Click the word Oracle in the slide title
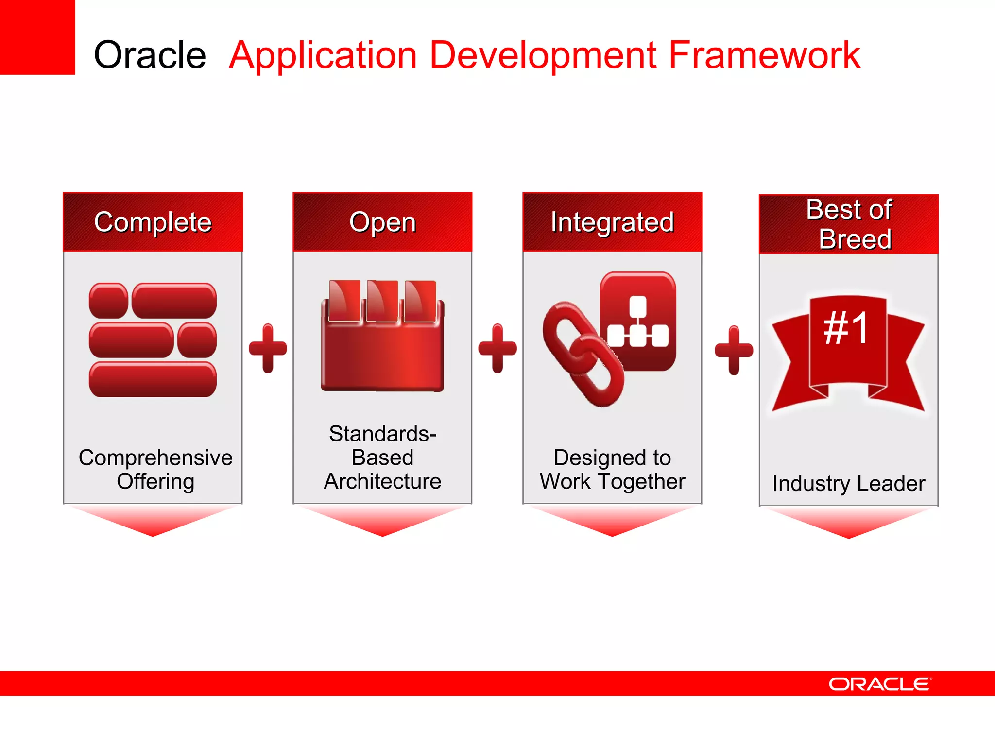click(150, 55)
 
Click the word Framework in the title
click(764, 55)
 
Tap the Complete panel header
click(153, 222)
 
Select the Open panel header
click(382, 222)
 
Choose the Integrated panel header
click(612, 222)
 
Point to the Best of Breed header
click(849, 224)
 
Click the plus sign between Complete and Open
click(268, 348)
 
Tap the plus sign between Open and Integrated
click(497, 348)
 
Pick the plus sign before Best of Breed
click(734, 350)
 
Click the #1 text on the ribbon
click(847, 329)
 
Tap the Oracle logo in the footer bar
click(880, 684)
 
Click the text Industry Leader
click(849, 484)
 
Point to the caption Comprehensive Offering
click(155, 469)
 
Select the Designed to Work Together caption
click(612, 469)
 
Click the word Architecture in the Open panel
click(382, 481)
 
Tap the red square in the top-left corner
click(37, 37)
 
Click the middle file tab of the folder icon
click(382, 301)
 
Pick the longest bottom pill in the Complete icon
click(153, 379)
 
